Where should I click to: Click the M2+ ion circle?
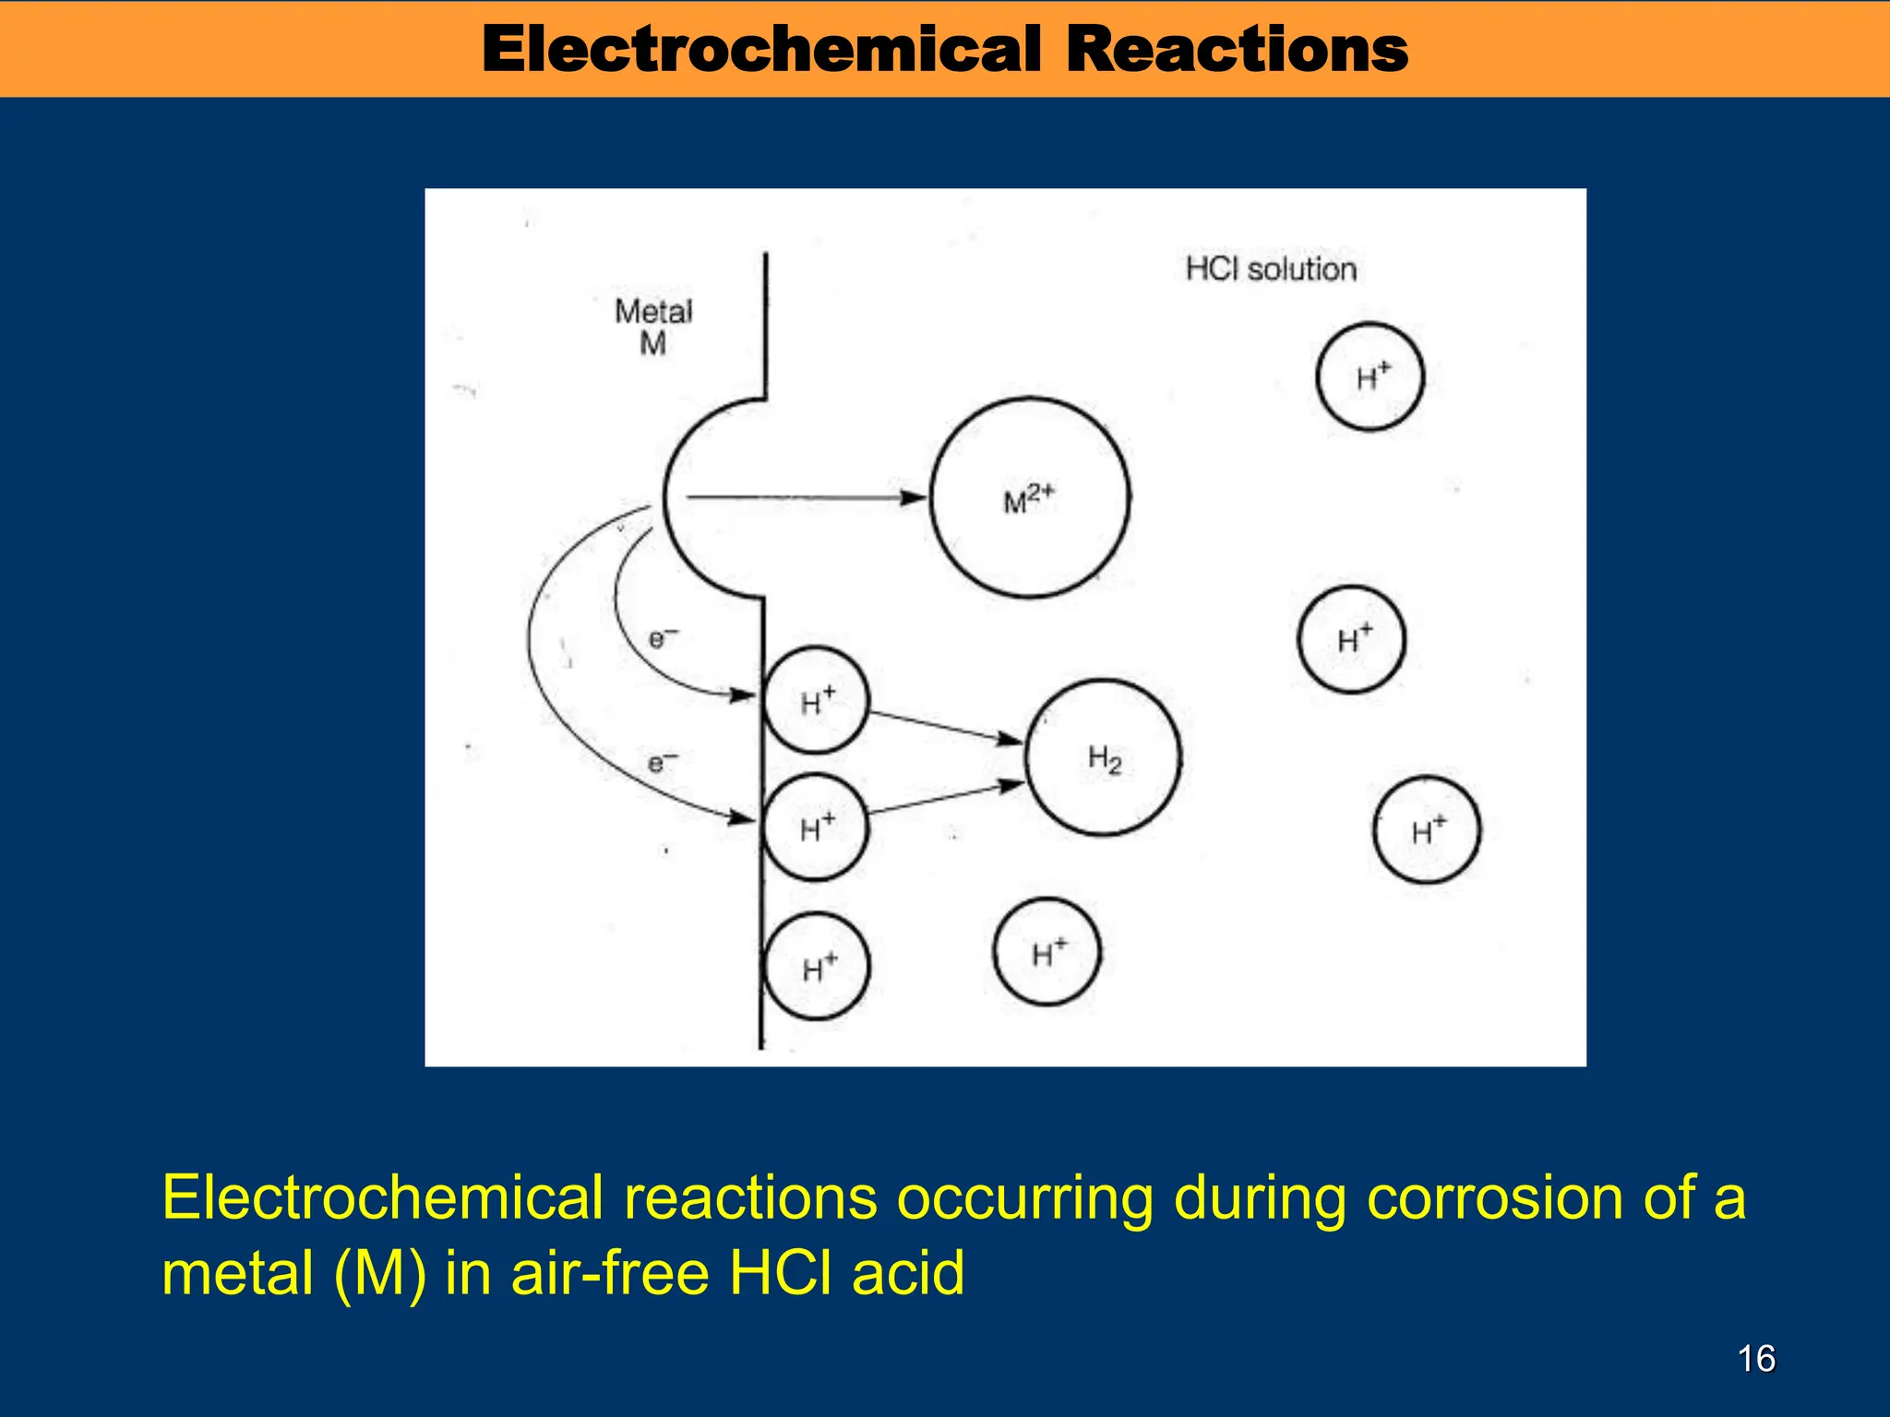[x=1029, y=498]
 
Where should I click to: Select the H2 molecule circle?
[x=1103, y=757]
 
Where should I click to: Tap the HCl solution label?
[x=1271, y=269]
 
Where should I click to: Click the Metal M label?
[x=653, y=327]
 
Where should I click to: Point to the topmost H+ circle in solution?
[x=1370, y=376]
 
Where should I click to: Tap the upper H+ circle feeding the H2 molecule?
[x=816, y=700]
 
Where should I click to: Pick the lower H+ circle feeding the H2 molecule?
[x=816, y=827]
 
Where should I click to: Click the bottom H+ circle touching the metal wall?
[x=817, y=966]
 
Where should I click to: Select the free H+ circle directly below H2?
[x=1047, y=951]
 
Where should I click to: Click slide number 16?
[x=1756, y=1359]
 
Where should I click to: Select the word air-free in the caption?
[x=610, y=1273]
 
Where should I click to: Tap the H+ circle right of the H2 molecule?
[x=1351, y=639]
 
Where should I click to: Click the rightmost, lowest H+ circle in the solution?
[x=1427, y=830]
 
